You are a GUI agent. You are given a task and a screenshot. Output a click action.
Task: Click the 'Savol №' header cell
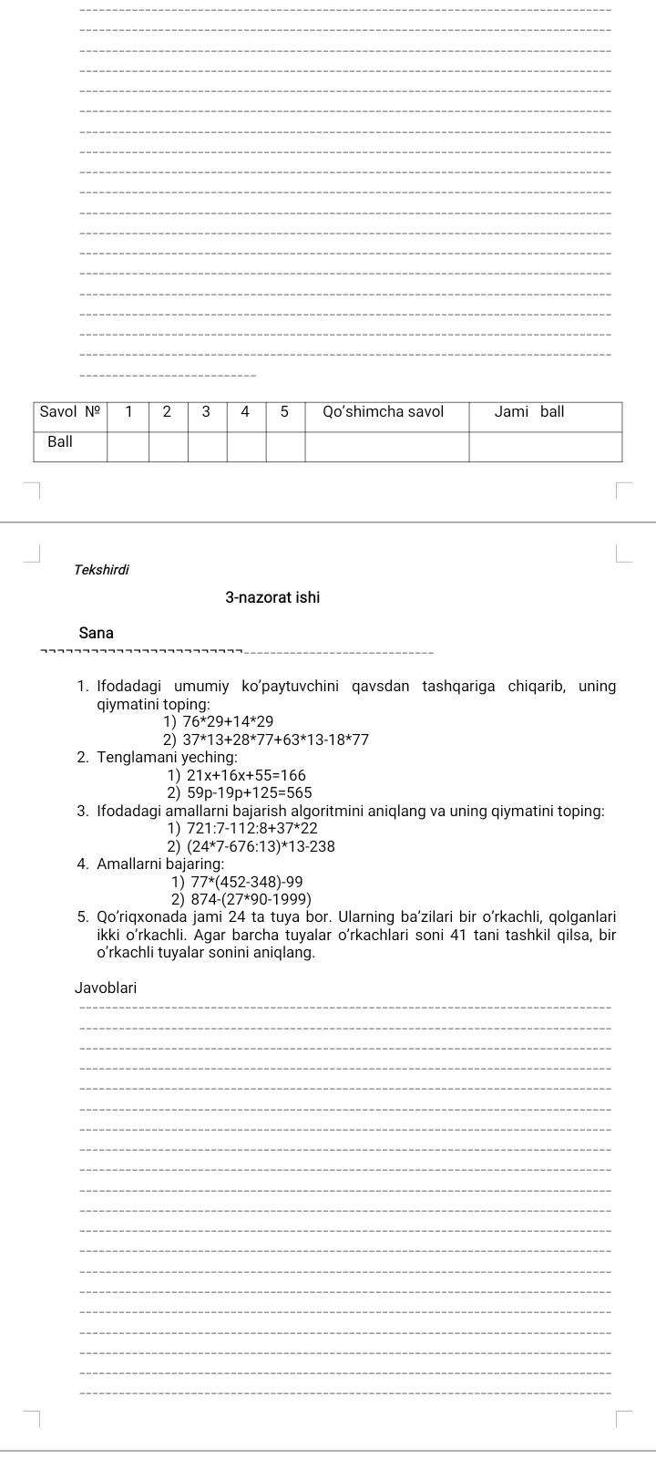70,412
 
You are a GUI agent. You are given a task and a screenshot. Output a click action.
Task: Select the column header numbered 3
207,412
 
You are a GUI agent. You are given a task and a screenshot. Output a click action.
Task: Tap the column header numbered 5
284,412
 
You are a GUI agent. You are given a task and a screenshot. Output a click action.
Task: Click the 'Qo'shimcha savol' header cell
384,412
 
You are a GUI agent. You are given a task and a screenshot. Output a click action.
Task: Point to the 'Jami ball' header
529,412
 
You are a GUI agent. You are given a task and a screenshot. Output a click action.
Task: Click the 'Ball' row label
60,441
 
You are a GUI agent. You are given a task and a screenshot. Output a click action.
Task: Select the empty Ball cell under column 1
128,446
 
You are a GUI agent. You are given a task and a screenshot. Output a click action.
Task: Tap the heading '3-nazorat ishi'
272,598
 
